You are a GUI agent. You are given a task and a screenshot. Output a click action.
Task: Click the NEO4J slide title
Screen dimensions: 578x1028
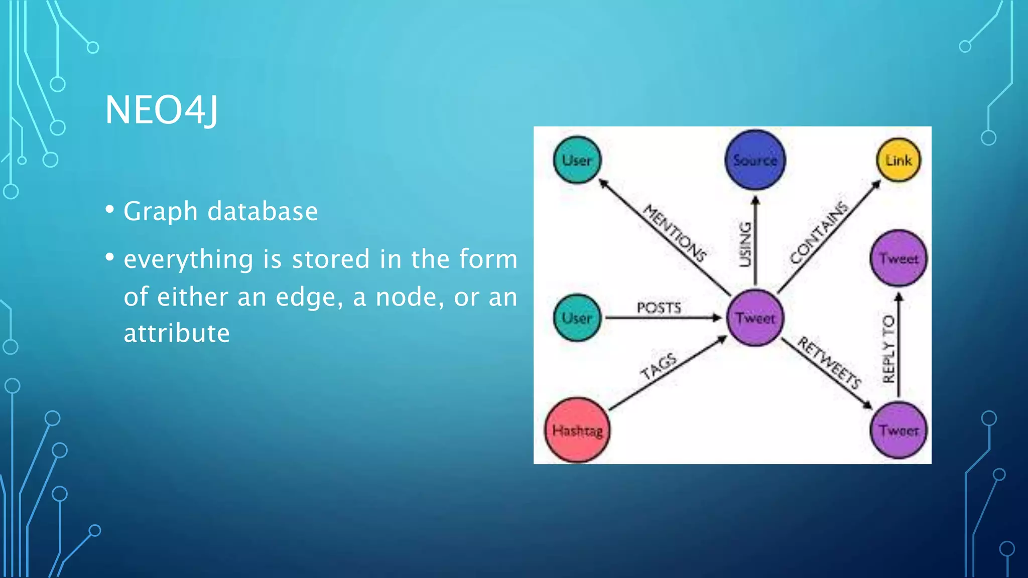[162, 110]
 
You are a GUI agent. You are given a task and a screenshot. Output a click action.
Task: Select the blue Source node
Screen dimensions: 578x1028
[755, 160]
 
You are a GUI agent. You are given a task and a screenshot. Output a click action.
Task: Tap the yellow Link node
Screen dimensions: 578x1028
[898, 160]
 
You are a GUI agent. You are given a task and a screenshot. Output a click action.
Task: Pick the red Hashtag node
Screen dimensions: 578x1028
[577, 430]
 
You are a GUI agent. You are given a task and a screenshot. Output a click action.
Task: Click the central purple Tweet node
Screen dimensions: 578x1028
[755, 318]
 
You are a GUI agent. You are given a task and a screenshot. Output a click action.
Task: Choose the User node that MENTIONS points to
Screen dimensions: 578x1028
[577, 160]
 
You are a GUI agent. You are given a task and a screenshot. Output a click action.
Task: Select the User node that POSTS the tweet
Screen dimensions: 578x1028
[577, 318]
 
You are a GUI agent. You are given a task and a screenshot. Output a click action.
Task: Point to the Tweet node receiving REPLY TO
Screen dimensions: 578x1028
[898, 258]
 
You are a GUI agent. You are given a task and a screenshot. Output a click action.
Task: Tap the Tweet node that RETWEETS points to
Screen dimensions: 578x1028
[898, 430]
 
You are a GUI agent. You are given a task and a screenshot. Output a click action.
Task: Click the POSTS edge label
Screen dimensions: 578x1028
[659, 308]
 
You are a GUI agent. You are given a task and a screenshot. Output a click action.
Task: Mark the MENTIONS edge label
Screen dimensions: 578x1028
[675, 233]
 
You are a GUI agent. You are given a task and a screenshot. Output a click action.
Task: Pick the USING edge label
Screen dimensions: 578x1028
[745, 244]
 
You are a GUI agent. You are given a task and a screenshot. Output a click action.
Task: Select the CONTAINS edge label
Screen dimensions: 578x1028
[819, 232]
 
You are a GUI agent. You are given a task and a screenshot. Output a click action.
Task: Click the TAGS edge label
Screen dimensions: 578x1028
[659, 366]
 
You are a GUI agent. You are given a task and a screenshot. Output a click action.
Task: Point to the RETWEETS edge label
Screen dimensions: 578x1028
[829, 363]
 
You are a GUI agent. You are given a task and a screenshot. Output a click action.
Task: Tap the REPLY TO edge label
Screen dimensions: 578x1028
[888, 349]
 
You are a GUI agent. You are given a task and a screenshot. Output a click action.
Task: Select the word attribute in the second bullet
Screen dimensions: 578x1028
[177, 333]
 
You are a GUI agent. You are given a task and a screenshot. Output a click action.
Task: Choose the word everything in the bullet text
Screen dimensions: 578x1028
[188, 259]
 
